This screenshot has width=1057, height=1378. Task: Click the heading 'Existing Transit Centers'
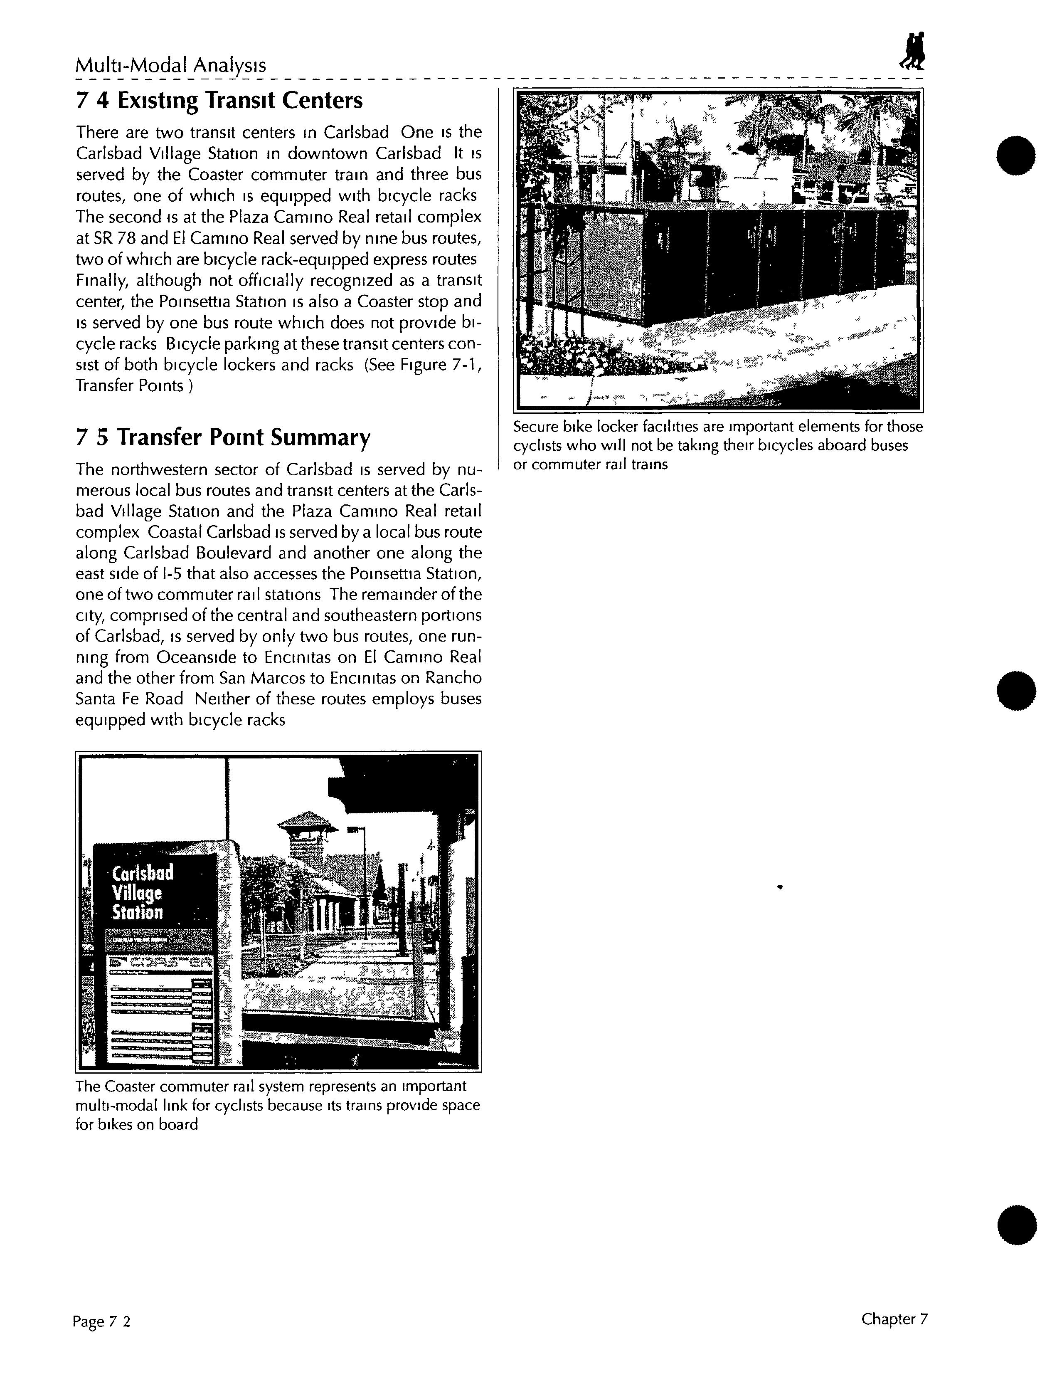(219, 100)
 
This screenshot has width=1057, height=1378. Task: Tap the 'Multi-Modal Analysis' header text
(170, 65)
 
